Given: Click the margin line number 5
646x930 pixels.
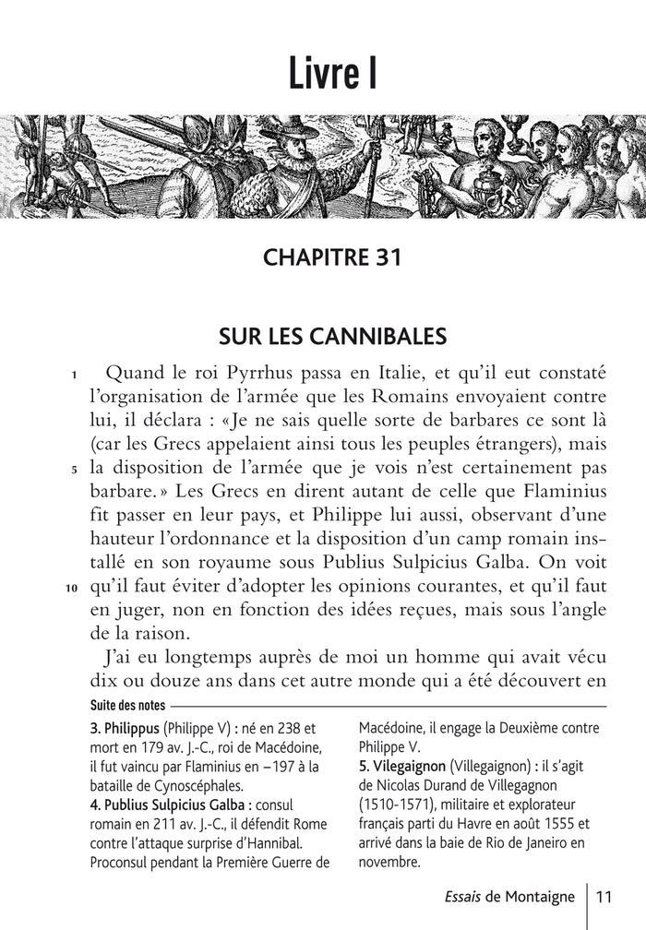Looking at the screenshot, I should click(x=73, y=469).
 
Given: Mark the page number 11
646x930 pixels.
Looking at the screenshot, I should click(x=605, y=896).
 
